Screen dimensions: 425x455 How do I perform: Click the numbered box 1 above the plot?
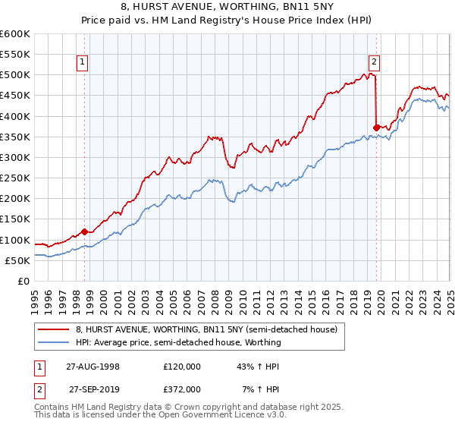pos(82,63)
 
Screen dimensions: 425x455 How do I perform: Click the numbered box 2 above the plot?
pos(375,63)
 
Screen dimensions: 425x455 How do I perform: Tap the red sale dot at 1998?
pos(85,231)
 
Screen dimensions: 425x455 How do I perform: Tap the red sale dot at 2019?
pos(377,127)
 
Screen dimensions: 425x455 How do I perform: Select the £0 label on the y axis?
pos(24,281)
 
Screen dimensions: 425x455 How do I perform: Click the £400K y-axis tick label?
pos(15,116)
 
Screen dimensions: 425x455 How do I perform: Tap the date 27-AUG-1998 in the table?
pos(93,366)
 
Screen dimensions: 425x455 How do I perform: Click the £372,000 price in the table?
pos(182,389)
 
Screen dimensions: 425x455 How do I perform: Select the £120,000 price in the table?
pos(182,366)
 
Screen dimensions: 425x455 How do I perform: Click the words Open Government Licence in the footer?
pos(201,416)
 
